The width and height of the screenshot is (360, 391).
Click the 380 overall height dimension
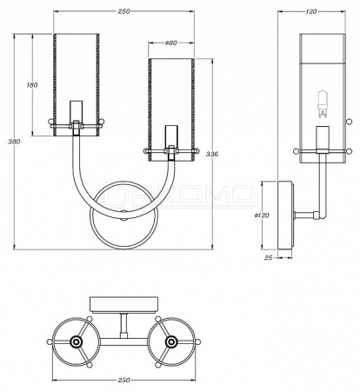tap(14, 142)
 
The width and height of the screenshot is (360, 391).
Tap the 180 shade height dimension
tap(32, 85)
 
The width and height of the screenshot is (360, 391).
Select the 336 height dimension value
tap(212, 154)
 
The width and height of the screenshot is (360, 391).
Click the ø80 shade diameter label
tap(171, 43)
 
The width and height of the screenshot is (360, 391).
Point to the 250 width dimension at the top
tap(123, 11)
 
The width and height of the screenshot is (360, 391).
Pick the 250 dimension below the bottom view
tap(123, 380)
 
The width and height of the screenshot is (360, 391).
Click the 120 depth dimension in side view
tap(311, 11)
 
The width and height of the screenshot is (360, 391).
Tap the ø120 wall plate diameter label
tap(262, 215)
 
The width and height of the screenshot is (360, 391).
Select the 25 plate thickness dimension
tap(269, 257)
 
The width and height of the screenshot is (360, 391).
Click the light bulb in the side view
tap(322, 104)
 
